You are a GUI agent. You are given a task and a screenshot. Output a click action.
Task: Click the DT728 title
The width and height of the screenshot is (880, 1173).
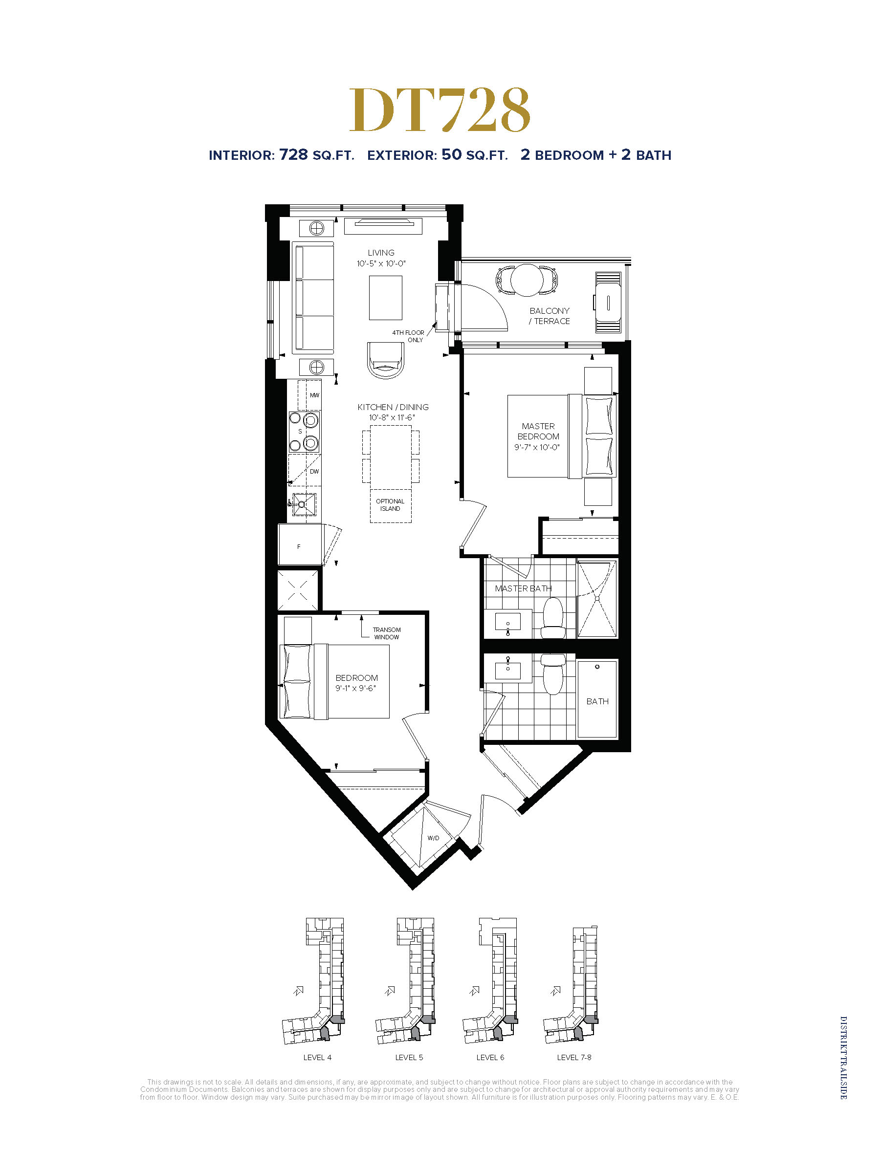(440, 110)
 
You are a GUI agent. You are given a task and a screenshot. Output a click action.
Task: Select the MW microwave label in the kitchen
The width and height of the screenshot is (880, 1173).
(314, 395)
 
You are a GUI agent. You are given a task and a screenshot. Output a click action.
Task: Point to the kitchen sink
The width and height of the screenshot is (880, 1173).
(304, 504)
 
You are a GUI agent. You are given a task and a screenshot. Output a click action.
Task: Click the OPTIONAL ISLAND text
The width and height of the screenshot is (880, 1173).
(390, 505)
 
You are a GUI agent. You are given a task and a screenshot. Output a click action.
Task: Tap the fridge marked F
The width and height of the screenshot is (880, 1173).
(300, 544)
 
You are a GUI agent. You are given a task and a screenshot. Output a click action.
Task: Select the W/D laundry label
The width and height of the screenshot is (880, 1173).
(433, 838)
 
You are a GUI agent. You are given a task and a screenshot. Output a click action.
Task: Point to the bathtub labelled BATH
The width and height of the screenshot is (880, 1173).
(597, 699)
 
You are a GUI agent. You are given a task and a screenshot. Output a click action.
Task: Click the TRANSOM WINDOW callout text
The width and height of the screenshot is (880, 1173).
(387, 633)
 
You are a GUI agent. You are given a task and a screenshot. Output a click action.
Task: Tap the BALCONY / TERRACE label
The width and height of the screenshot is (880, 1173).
(550, 316)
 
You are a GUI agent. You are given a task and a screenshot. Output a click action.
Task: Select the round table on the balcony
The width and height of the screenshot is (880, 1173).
(527, 280)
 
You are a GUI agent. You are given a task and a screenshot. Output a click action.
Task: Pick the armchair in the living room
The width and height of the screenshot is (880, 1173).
(386, 360)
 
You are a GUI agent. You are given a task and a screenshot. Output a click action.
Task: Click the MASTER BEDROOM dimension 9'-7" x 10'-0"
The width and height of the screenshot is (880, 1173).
(537, 447)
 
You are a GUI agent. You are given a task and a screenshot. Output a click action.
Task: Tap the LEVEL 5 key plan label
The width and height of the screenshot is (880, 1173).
(409, 1057)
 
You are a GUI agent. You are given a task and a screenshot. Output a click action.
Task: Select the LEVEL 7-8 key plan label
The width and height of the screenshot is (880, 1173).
(574, 1057)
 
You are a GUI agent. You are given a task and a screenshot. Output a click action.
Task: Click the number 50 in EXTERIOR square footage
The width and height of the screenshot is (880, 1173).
(451, 154)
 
